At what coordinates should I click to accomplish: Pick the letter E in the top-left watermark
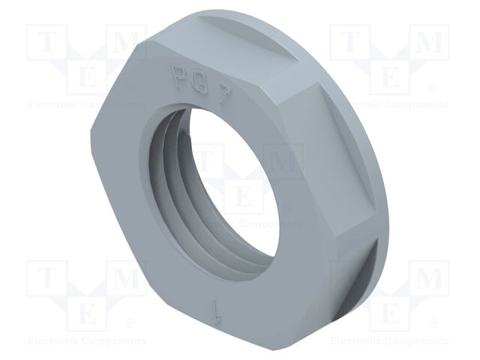point(86,76)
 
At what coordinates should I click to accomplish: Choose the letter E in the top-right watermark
point(389,76)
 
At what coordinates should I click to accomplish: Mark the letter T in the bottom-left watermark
point(46,280)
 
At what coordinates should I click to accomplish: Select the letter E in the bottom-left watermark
point(86,312)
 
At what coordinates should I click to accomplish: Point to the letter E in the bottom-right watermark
point(389,312)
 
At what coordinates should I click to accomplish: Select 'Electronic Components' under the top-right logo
point(389,105)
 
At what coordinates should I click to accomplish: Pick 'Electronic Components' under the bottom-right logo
point(389,341)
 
